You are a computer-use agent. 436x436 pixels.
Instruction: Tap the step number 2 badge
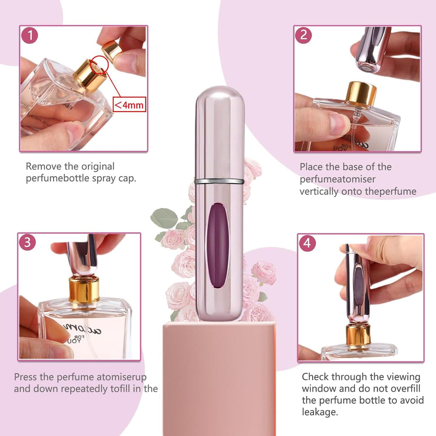304,35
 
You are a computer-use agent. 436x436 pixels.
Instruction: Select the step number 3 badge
27,242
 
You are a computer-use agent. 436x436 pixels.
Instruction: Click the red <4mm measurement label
129,103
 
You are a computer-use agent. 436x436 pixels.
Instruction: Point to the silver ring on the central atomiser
219,181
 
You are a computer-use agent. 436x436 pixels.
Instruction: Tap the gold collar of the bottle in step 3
84,289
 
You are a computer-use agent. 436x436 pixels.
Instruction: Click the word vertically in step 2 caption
321,192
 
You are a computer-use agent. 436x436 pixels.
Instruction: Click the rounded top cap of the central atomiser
219,100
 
